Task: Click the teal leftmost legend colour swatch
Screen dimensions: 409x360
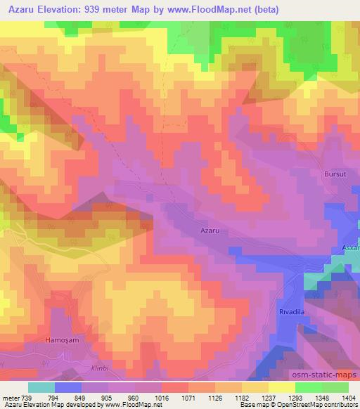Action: click(41, 387)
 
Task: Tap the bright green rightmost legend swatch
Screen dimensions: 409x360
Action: click(335, 387)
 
